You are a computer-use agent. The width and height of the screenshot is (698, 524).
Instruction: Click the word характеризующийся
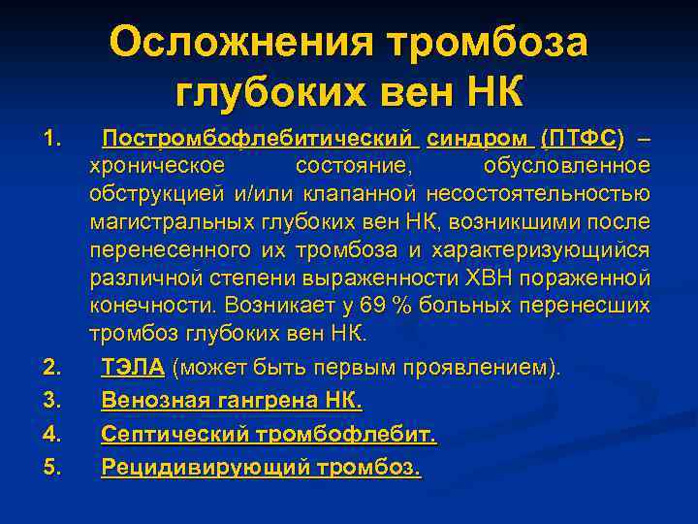pyautogui.click(x=538, y=250)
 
